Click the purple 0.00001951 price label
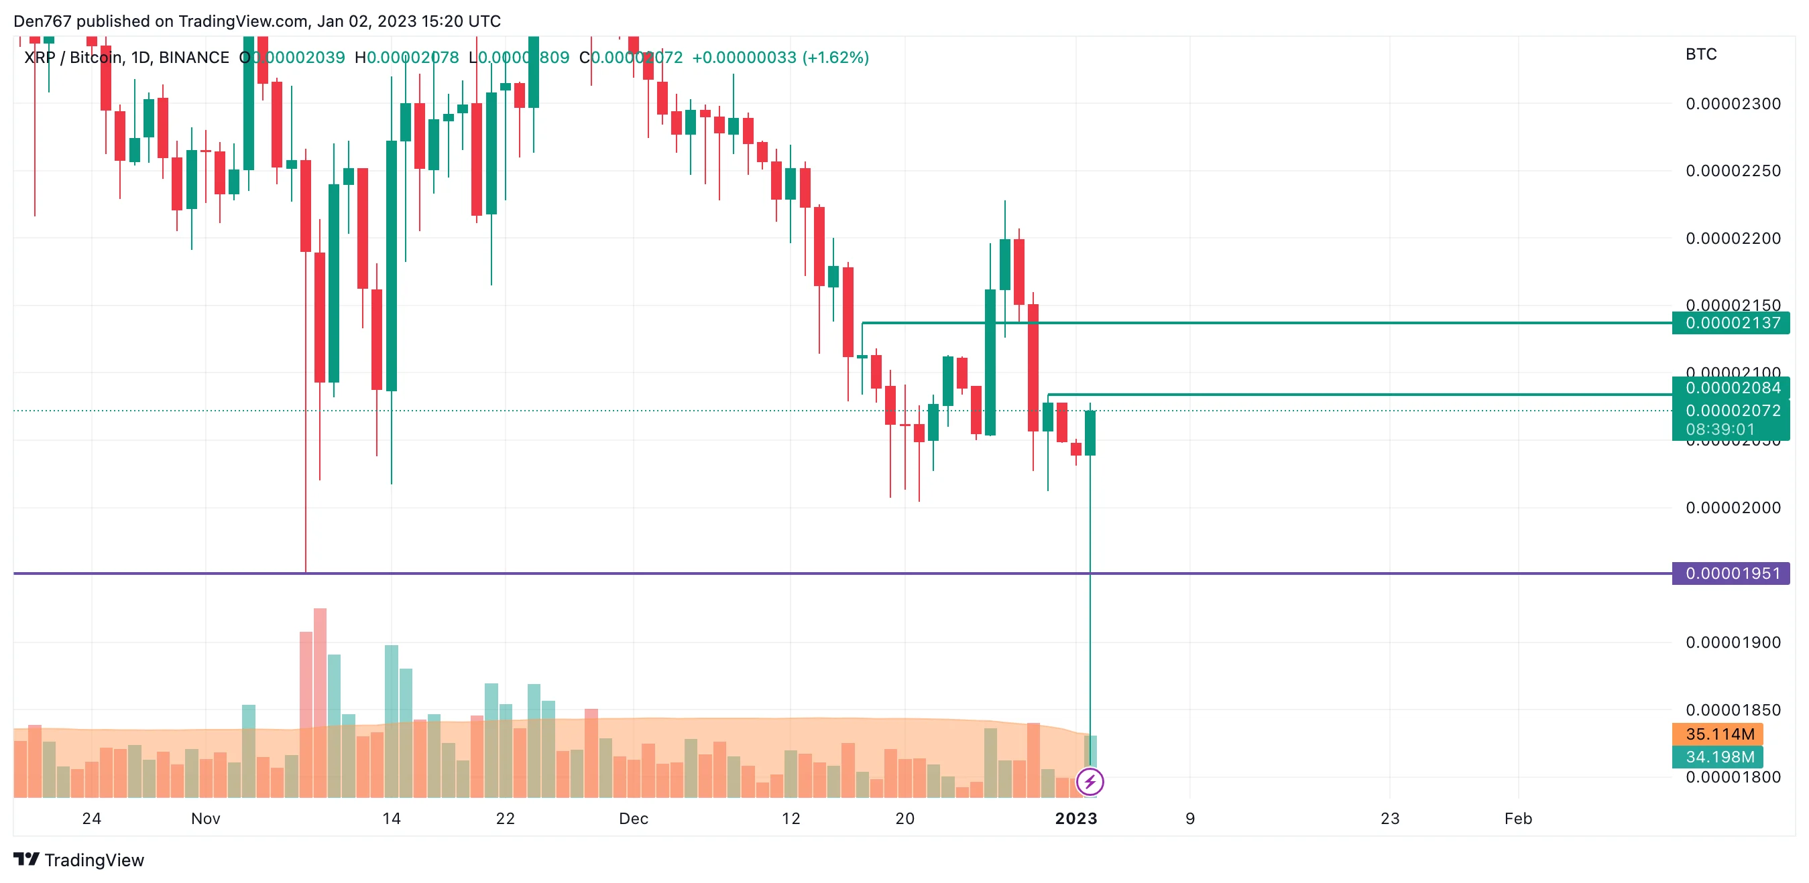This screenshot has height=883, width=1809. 1732,573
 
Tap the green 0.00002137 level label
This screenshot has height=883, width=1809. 1732,323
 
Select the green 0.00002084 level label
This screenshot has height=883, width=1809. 1732,387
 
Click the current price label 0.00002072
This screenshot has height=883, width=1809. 1732,410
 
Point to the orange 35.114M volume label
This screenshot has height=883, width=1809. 1718,734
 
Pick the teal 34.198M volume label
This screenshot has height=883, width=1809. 1718,756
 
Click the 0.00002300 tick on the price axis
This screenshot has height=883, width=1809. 1733,104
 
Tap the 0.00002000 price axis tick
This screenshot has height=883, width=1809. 1733,507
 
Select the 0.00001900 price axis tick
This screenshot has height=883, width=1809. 1733,642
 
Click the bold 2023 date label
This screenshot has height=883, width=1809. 1076,819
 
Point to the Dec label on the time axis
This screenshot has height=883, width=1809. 634,819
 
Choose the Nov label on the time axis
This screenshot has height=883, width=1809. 206,819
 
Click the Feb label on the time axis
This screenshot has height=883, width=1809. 1517,819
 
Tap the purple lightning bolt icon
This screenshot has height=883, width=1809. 1090,781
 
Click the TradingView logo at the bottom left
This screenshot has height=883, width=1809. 78,860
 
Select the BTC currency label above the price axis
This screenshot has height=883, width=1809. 1701,54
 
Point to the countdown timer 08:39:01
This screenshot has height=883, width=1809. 1720,429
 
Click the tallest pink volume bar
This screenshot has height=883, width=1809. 320,702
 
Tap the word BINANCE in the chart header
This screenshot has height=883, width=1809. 194,58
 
